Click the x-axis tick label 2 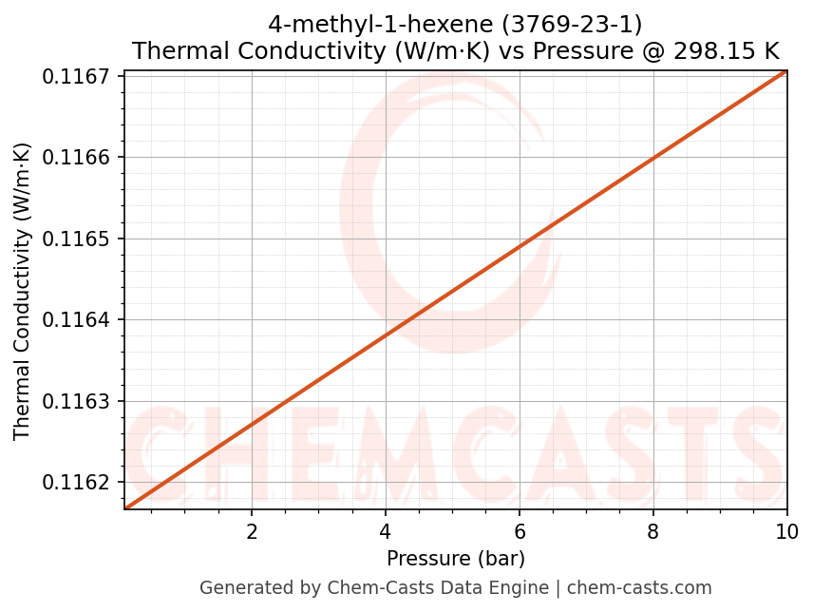252,530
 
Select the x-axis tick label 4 386,530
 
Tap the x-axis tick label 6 520,530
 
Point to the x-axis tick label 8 653,530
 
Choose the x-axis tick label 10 786,530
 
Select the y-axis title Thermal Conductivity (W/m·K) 23,291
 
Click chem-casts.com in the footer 639,588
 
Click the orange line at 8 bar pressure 653,157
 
